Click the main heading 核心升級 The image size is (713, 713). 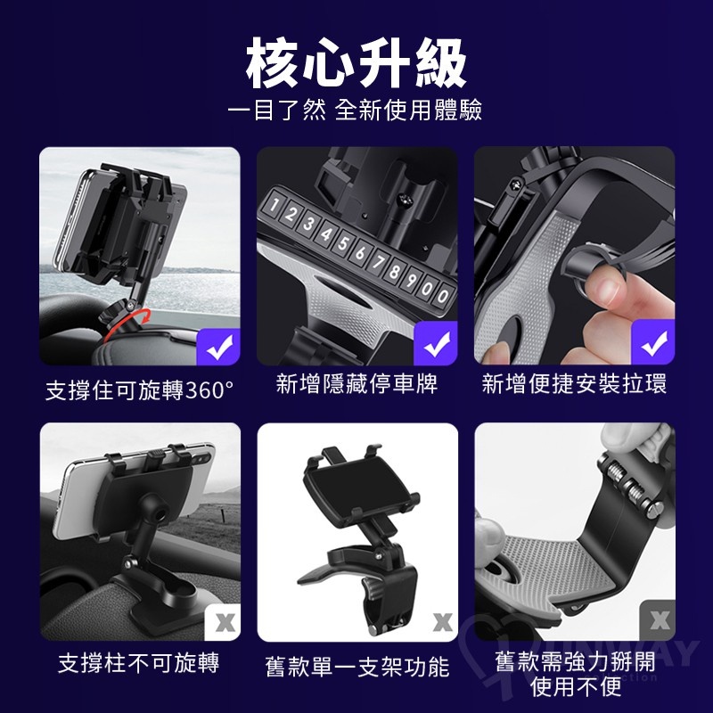point(356,62)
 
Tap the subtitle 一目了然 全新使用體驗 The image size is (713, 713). point(355,110)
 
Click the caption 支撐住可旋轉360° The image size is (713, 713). point(140,390)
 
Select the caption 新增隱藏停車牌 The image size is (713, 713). point(357,383)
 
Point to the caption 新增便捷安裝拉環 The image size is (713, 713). point(574,383)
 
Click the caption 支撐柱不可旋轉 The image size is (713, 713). point(139,662)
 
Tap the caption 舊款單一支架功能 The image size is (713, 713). point(357,667)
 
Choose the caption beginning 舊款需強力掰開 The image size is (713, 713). point(575,674)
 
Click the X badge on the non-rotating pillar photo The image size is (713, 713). point(224,622)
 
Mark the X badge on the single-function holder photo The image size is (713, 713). point(442,622)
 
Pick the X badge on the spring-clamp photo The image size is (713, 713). point(659,620)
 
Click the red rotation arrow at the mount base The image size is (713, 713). point(127,323)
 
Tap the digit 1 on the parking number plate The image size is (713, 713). point(274,205)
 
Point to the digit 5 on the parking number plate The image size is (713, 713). point(343,242)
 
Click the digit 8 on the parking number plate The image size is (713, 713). point(394,272)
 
